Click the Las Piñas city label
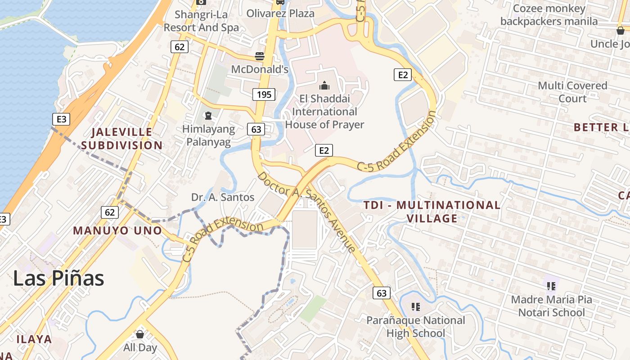click(58, 279)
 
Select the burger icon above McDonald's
click(260, 56)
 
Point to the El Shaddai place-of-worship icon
click(324, 85)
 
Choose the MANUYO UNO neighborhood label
click(117, 230)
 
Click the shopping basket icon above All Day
click(140, 334)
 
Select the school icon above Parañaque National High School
click(416, 307)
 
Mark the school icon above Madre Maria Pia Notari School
click(551, 286)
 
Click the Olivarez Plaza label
click(280, 13)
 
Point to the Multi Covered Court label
click(572, 92)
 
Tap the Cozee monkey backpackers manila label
click(549, 15)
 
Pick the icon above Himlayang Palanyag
click(208, 116)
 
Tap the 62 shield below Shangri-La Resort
click(179, 46)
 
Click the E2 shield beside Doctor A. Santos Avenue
click(324, 150)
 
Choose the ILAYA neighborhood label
click(34, 339)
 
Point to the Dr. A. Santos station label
click(223, 197)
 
